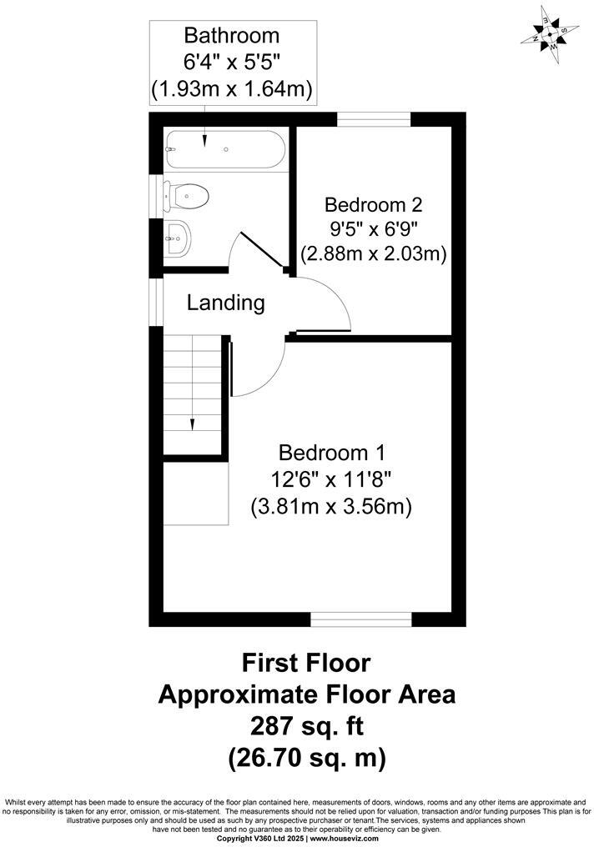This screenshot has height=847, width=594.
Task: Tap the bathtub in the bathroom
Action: tap(224, 149)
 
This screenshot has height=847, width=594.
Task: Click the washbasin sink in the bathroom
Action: tap(178, 240)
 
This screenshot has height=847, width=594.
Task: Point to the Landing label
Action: tap(225, 303)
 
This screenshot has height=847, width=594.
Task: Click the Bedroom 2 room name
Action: tap(374, 204)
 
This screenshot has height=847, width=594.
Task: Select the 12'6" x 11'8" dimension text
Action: tap(331, 479)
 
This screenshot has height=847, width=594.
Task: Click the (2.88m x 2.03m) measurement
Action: tap(374, 253)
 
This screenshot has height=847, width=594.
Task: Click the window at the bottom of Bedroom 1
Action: tap(360, 619)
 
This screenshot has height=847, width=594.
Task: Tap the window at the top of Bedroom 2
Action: tap(374, 119)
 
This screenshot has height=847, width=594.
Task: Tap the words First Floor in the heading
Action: tap(306, 663)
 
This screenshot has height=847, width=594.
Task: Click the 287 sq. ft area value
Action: tap(306, 726)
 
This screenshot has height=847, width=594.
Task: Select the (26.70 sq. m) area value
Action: tap(306, 758)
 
